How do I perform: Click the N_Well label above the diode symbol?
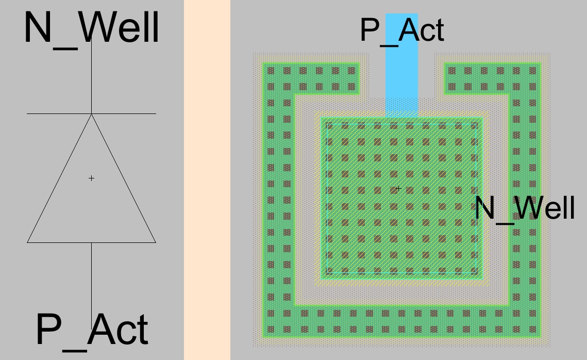[x=91, y=28]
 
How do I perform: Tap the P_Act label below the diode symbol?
[x=91, y=330]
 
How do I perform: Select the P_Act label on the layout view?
[x=401, y=30]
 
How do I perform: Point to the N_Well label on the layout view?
[x=524, y=209]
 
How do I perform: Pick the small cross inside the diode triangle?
[x=91, y=178]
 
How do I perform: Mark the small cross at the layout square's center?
[x=398, y=189]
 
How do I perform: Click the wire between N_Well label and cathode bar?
[x=91, y=77]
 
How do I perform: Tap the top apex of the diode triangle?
[x=91, y=114]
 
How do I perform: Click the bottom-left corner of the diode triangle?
[x=28, y=242]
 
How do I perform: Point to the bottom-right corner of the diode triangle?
[x=155, y=242]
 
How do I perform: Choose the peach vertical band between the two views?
[x=207, y=180]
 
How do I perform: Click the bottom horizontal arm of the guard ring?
[x=401, y=321]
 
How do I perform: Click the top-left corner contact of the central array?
[x=329, y=126]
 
